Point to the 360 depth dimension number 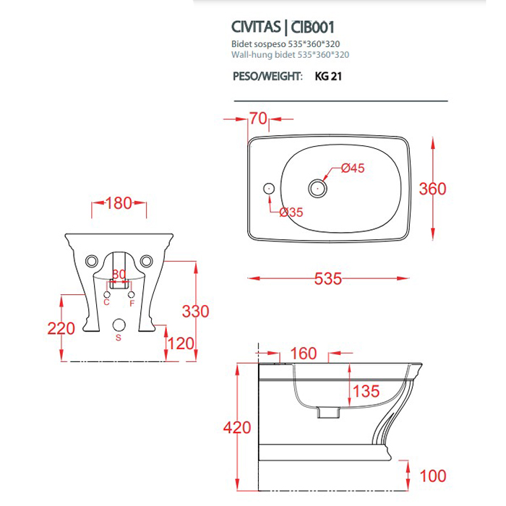(433, 189)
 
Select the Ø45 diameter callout (352, 168)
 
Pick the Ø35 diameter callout (291, 212)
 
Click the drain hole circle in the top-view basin (317, 189)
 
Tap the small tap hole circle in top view (269, 188)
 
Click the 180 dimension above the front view (119, 204)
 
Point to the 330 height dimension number (195, 312)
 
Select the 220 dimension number (61, 328)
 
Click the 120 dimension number (179, 343)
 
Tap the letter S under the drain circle (119, 338)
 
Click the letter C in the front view (106, 302)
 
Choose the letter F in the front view (132, 302)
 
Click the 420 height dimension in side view (236, 427)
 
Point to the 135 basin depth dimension (366, 392)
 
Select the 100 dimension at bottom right (433, 476)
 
